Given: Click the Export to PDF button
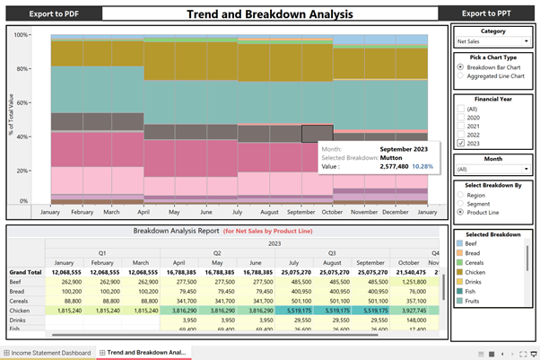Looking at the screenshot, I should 52,13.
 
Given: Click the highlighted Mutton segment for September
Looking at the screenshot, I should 317,133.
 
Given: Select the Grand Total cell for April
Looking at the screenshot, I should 179,271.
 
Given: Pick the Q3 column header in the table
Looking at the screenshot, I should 332,253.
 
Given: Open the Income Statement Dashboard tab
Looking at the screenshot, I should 51,353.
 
